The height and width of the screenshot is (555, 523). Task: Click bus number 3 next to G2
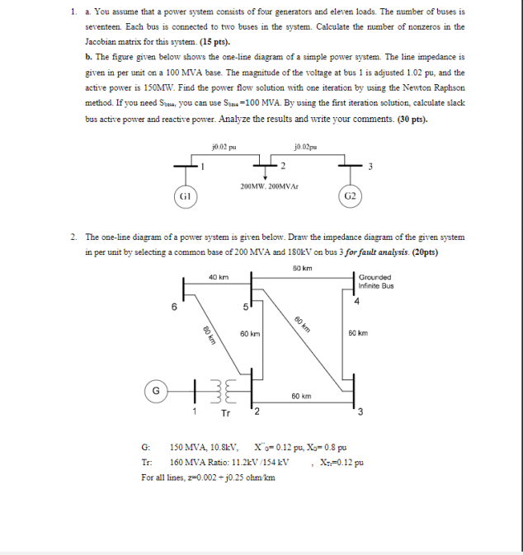click(x=371, y=169)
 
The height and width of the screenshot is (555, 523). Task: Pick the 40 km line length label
click(x=217, y=277)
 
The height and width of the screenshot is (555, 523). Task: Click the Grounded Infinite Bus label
click(x=375, y=281)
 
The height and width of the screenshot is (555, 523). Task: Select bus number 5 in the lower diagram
click(x=245, y=308)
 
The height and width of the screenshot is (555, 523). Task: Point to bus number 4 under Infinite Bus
click(x=356, y=300)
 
